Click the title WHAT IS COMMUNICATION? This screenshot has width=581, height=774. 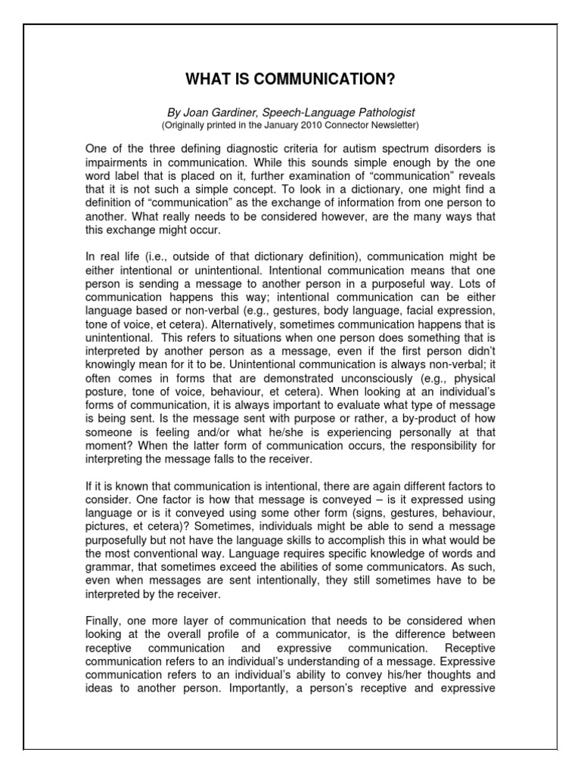(290, 80)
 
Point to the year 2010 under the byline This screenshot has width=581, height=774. (300, 125)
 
